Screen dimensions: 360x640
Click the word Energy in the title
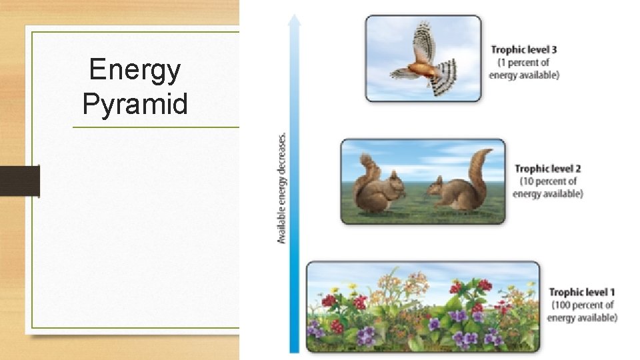coord(134,70)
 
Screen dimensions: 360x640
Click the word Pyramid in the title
coord(135,104)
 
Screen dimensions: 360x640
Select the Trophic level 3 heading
coord(524,50)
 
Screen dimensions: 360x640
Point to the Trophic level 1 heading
coord(582,292)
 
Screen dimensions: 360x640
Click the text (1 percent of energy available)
coord(524,69)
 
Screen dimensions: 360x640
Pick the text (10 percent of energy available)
coord(547,187)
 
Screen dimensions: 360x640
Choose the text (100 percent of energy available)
coord(582,311)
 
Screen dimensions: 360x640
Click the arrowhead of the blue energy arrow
coord(294,19)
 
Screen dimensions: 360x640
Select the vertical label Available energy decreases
coord(282,187)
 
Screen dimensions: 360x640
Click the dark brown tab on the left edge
coord(19,181)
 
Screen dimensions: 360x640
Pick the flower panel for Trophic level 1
coord(423,307)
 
